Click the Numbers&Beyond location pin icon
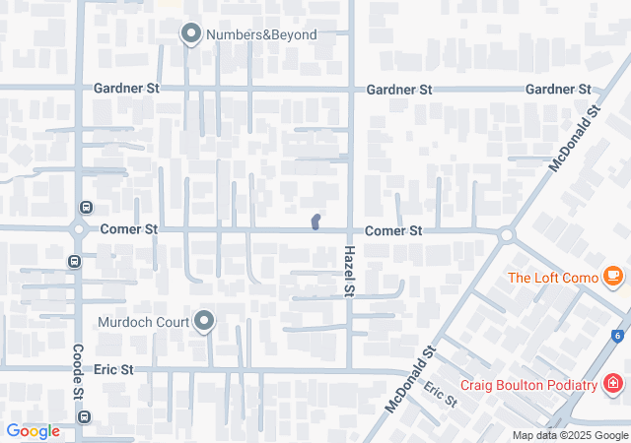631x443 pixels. (190, 34)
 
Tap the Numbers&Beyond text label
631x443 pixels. (261, 35)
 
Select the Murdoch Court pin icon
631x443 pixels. (204, 321)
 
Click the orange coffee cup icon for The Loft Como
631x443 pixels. (613, 277)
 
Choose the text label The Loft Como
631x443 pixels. (552, 278)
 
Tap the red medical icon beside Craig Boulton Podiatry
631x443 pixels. (613, 383)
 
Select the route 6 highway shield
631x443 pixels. (617, 336)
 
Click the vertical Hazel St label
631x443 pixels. (349, 272)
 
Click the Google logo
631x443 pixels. (34, 431)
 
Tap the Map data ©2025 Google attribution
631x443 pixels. (569, 435)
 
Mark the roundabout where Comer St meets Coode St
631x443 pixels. (78, 229)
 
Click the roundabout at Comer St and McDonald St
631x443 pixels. (507, 235)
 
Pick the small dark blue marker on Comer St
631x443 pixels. (315, 221)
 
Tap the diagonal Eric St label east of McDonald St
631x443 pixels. (440, 394)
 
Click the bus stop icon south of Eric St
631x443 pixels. (85, 417)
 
